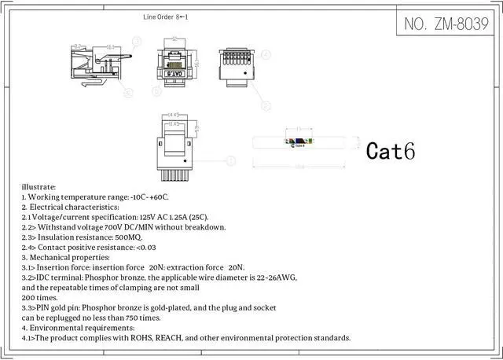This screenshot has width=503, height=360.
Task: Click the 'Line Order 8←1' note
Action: click(x=166, y=17)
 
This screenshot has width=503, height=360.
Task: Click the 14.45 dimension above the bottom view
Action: click(x=174, y=116)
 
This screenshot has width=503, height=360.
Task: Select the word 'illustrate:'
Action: click(x=40, y=187)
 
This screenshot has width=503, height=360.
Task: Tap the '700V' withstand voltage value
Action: click(x=116, y=227)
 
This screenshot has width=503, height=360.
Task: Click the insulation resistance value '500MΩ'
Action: click(x=127, y=237)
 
